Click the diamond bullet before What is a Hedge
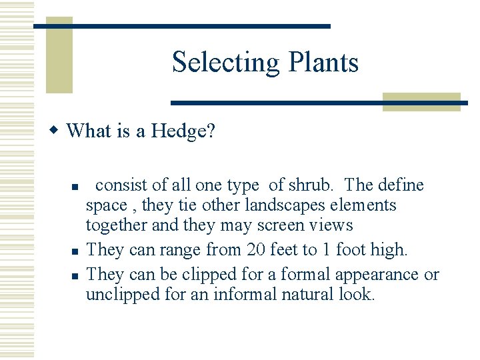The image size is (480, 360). (57, 130)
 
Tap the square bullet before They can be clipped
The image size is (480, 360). (76, 275)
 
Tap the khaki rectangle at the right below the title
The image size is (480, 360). (423, 101)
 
